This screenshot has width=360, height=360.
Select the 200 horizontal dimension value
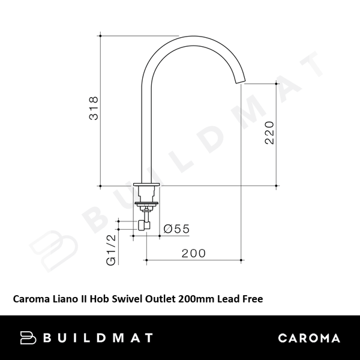click(193, 253)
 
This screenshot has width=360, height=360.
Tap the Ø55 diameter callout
click(176, 229)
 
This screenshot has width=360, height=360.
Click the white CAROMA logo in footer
click(309, 338)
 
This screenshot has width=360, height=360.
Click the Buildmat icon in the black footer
click(28, 337)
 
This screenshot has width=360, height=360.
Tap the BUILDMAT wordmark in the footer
click(98, 338)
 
